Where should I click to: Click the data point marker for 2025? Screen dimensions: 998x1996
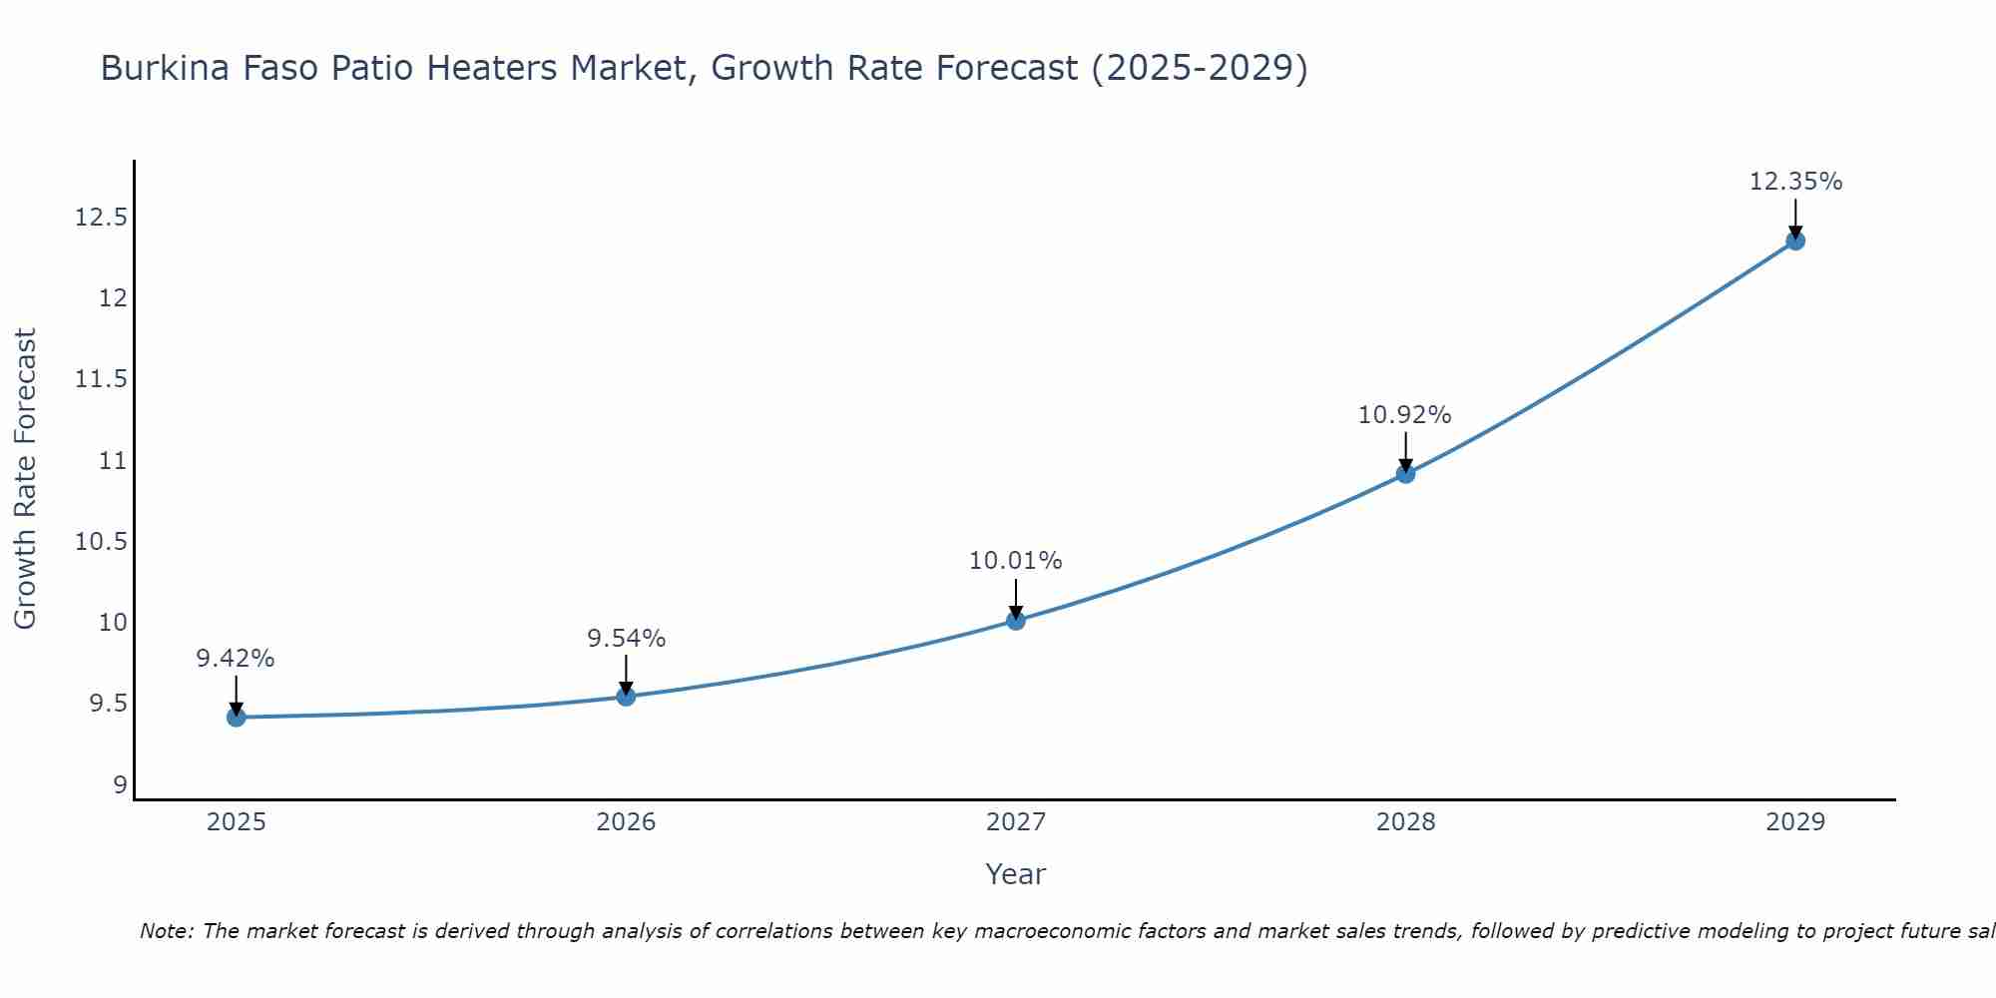point(237,717)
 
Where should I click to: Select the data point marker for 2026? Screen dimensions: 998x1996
point(626,696)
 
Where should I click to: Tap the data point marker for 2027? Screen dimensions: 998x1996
point(1016,620)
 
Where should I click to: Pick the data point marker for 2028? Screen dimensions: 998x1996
point(1405,473)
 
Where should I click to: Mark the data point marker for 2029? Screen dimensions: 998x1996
point(1795,241)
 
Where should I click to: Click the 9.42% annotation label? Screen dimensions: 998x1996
point(236,659)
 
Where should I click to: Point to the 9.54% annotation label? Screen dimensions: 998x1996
point(626,639)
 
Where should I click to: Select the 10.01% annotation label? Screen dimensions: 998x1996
point(1016,561)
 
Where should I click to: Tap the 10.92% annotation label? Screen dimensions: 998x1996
point(1405,415)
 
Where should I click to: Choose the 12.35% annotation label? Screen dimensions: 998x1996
point(1795,182)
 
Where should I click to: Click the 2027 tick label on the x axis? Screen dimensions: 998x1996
point(1016,822)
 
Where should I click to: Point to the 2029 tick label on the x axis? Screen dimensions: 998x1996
point(1795,822)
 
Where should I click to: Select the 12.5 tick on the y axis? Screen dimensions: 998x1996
point(102,218)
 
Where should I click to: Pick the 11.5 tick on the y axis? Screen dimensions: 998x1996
point(102,379)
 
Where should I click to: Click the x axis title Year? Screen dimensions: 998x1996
point(1016,874)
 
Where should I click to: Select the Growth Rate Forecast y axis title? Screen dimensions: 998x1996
point(26,479)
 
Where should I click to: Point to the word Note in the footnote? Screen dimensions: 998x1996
point(167,931)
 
